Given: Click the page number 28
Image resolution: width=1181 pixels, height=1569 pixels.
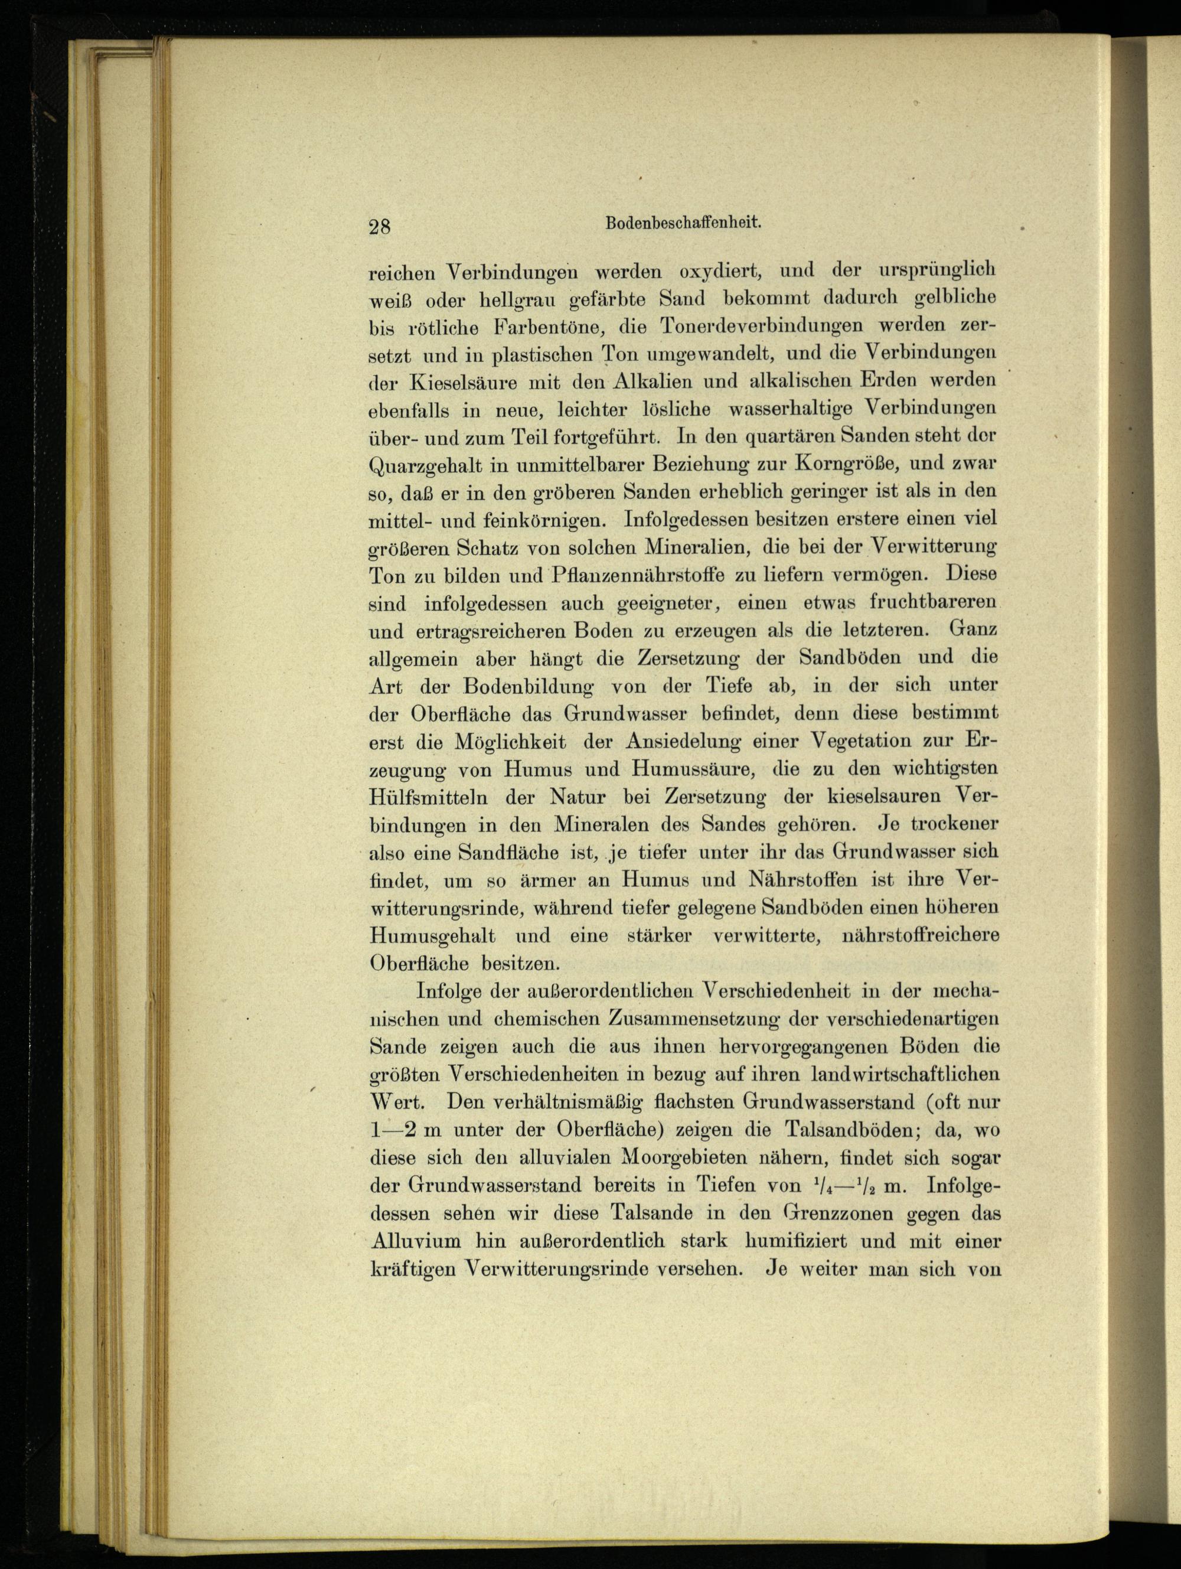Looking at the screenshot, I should click(380, 226).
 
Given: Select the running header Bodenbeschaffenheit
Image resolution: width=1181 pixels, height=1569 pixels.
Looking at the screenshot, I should click(683, 222).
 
